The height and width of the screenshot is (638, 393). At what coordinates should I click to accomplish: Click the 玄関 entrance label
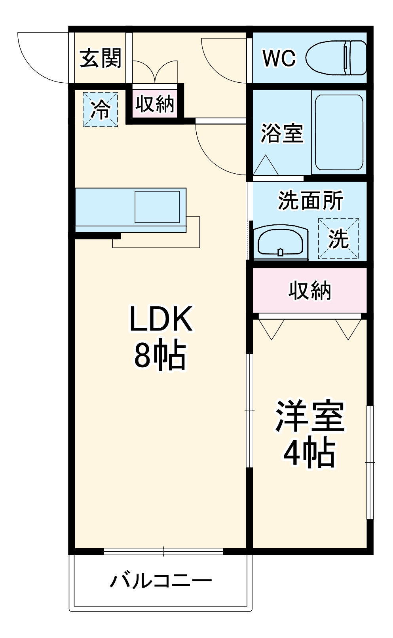[101, 59]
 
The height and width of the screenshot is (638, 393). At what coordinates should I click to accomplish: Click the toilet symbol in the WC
[336, 58]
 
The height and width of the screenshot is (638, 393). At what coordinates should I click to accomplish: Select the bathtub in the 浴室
[339, 132]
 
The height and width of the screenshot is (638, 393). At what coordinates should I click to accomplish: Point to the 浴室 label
[282, 133]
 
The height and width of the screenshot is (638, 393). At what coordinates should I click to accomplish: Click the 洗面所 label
[310, 201]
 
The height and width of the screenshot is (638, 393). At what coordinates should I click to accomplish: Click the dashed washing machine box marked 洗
[339, 239]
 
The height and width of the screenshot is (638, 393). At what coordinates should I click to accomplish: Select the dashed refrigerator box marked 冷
[100, 109]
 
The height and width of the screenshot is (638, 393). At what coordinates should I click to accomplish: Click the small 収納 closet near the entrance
[155, 104]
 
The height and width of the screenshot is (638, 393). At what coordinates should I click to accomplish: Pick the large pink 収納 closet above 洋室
[309, 290]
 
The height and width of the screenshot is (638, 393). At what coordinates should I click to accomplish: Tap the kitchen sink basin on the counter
[157, 207]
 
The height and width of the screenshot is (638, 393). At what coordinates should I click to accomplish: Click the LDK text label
[161, 319]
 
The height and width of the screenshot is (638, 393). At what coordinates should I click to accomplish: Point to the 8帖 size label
[160, 355]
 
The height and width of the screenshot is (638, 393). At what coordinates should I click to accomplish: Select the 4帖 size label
[309, 453]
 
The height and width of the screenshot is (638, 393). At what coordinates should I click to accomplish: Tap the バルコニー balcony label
[161, 581]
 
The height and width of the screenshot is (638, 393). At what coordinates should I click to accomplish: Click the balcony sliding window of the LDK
[163, 551]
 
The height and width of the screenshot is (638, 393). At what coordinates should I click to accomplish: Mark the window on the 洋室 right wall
[370, 462]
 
